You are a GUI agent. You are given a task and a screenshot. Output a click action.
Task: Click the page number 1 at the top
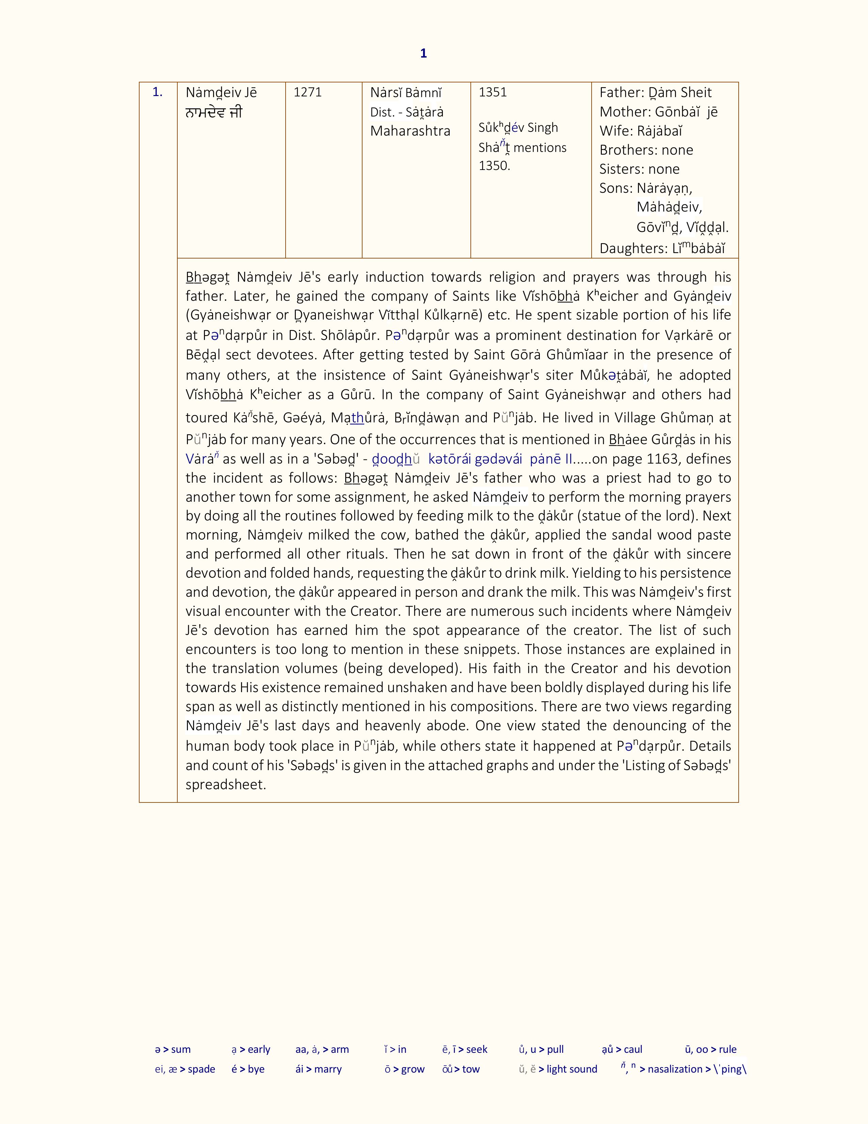pos(423,53)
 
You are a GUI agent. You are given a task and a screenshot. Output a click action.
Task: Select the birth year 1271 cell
pos(307,93)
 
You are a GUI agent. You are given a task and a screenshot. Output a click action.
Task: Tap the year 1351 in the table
pos(493,93)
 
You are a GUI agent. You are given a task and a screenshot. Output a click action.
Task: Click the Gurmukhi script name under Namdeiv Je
pos(213,113)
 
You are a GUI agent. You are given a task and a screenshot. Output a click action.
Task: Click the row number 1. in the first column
pos(157,93)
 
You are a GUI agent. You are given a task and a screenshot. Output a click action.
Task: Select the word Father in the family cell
pos(615,93)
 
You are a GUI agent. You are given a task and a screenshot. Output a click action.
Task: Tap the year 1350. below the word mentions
pos(494,166)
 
